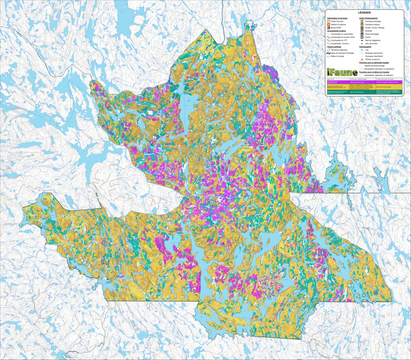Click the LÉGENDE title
pyautogui.click(x=364, y=12)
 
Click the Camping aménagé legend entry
pyautogui.click(x=373, y=21)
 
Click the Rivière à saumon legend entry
pyautogui.click(x=373, y=59)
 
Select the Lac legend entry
pyautogui.click(x=367, y=50)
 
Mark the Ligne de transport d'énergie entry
pyautogui.click(x=342, y=53)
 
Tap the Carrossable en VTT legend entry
pyautogui.click(x=339, y=40)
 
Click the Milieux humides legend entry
pyautogui.click(x=337, y=56)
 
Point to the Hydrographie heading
pyautogui.click(x=366, y=47)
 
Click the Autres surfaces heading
pyautogui.click(x=334, y=47)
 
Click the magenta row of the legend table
pyautogui.click(x=364, y=82)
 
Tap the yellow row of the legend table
pyautogui.click(x=364, y=86)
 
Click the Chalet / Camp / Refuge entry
pyautogui.click(x=374, y=28)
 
